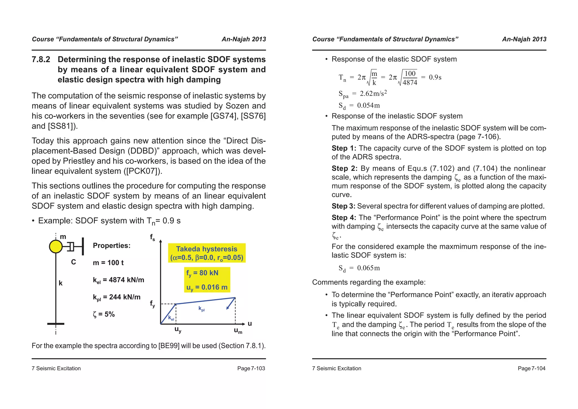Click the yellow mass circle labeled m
coord(56,247)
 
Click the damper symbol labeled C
coord(71,247)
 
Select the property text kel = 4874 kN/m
coord(118,280)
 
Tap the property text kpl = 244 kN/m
coord(117,297)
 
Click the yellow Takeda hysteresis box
coord(207,253)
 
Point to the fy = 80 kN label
coord(202,273)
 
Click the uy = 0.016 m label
coord(207,288)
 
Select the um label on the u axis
coord(238,331)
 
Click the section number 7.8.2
coord(41,59)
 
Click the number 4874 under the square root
coord(410,83)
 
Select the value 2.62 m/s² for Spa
coord(373,93)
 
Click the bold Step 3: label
coord(343,206)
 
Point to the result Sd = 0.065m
coord(359,268)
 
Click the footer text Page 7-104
coord(531,368)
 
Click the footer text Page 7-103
coord(251,368)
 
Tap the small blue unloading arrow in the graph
coord(231,304)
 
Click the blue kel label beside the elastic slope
coord(171,318)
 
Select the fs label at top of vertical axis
coord(152,237)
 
